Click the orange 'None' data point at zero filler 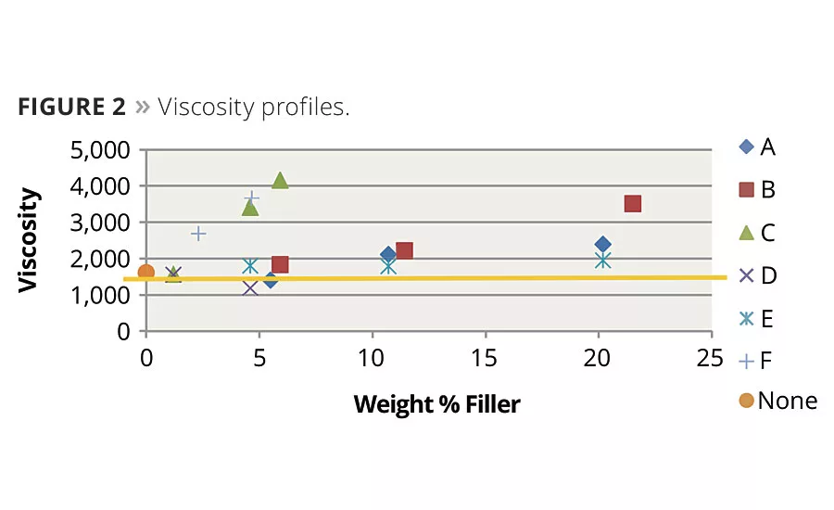click(146, 273)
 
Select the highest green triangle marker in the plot click(280, 181)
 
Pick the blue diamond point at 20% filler click(602, 245)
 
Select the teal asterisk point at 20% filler click(603, 260)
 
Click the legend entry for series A click(758, 147)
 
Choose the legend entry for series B click(758, 190)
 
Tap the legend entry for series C click(758, 233)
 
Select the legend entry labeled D click(758, 275)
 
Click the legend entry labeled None click(777, 401)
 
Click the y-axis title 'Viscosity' click(30, 240)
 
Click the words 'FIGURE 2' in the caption click(71, 107)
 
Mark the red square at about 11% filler click(404, 250)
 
